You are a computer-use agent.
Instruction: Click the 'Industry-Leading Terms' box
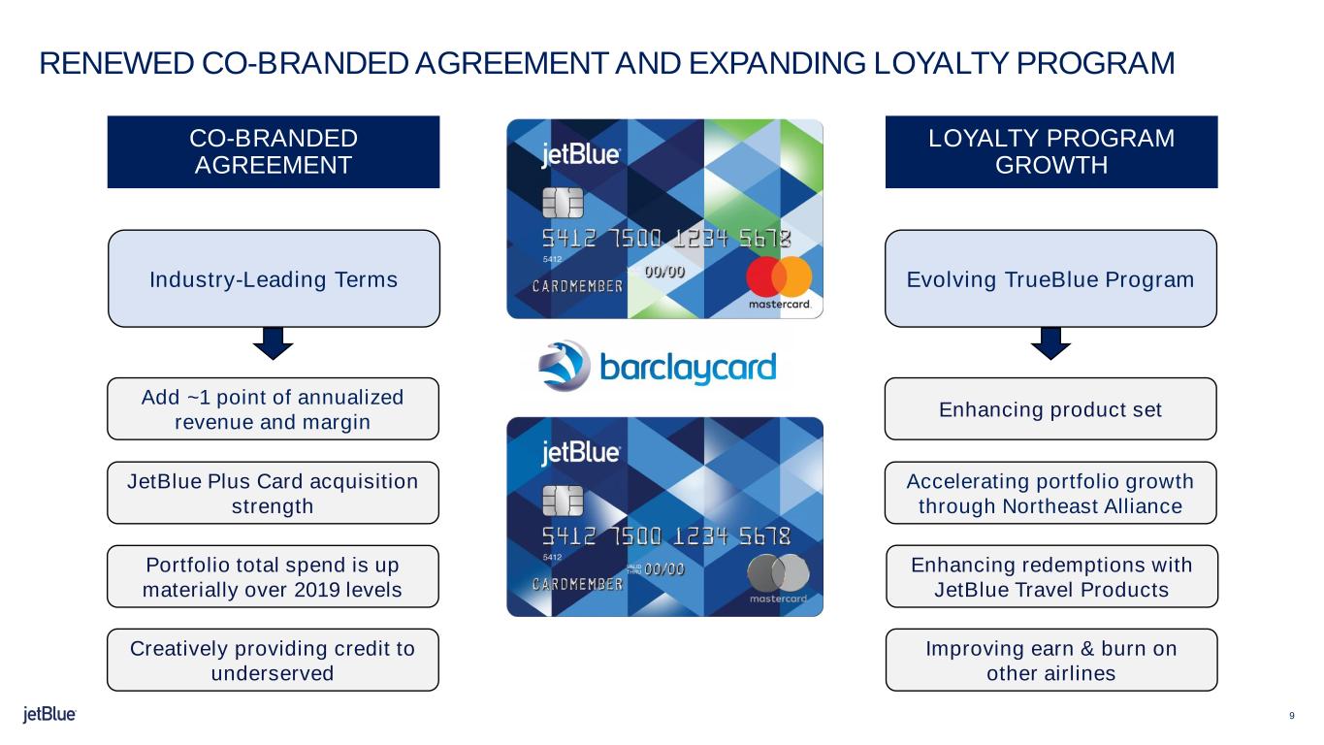[x=274, y=278]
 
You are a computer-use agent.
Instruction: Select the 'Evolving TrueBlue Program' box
[x=1050, y=278]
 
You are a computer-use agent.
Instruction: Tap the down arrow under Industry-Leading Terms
[x=274, y=343]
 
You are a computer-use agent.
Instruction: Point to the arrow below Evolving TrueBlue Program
[x=1050, y=343]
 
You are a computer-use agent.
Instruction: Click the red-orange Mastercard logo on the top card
[x=779, y=276]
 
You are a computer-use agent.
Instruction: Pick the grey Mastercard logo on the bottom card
[x=779, y=573]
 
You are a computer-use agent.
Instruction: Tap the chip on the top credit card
[x=563, y=203]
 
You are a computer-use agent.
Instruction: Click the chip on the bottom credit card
[x=563, y=501]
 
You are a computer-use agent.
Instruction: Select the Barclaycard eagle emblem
[x=564, y=366]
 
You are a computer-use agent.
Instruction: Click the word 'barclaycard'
[x=688, y=368]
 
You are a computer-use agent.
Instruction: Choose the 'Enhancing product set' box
[x=1050, y=408]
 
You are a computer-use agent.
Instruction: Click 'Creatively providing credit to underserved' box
[x=274, y=660]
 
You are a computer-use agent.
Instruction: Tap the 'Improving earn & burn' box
[x=1051, y=660]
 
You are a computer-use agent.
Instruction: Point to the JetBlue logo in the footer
[x=49, y=714]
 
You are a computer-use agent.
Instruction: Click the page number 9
[x=1292, y=716]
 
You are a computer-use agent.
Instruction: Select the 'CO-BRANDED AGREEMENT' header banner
[x=274, y=152]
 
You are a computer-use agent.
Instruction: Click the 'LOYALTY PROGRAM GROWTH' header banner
[x=1051, y=152]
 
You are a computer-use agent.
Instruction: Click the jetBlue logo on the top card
[x=581, y=155]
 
